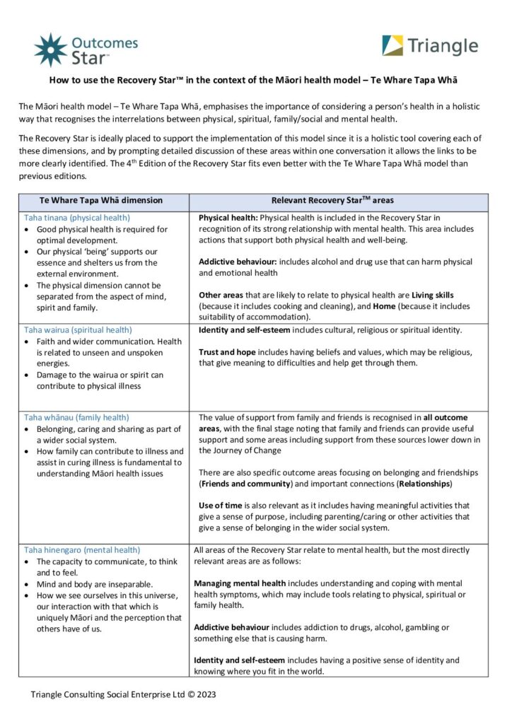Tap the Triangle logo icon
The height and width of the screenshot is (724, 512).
click(392, 46)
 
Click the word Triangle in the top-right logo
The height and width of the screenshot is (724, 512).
click(443, 46)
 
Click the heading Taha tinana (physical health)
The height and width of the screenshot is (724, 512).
click(77, 218)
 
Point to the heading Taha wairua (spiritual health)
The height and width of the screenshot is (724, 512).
click(78, 329)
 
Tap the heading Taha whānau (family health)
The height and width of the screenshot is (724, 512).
click(76, 417)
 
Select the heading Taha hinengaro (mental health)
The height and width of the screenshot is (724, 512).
click(82, 549)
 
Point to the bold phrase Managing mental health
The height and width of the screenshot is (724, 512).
click(240, 583)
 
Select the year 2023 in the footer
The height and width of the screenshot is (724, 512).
click(205, 694)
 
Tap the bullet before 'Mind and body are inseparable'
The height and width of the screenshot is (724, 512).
click(27, 585)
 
